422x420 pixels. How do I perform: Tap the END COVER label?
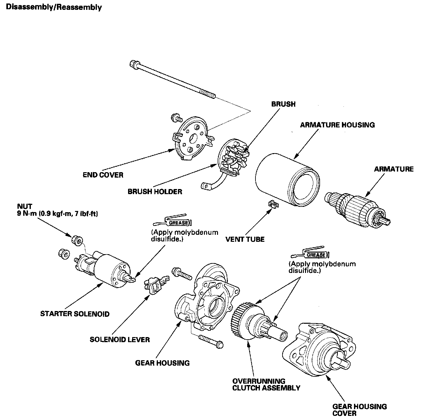coord(103,175)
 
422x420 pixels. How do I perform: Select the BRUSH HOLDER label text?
coord(155,192)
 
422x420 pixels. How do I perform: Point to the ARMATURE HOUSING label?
coord(337,125)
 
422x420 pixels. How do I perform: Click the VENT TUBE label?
coord(245,239)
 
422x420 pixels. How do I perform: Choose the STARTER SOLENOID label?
coord(75,314)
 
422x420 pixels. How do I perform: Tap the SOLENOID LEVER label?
coord(119,339)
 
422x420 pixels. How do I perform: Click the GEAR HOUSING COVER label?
coord(359,410)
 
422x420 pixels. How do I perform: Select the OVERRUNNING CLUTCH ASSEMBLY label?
coord(266,384)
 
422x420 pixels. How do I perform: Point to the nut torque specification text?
coord(57,214)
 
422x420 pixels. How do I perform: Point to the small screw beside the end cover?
coord(175,118)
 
